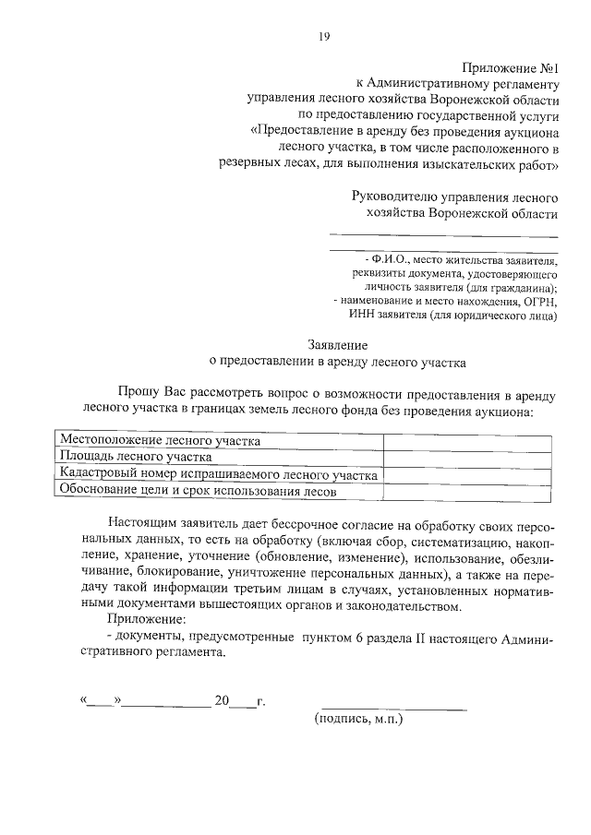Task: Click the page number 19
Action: point(323,37)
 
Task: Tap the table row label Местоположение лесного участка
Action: point(158,441)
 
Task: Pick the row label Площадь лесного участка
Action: point(136,457)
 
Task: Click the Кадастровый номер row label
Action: point(218,474)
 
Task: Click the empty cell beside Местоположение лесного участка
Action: point(469,441)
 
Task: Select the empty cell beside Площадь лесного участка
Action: point(469,457)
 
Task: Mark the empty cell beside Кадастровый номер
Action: point(469,474)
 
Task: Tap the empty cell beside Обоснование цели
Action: point(469,491)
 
